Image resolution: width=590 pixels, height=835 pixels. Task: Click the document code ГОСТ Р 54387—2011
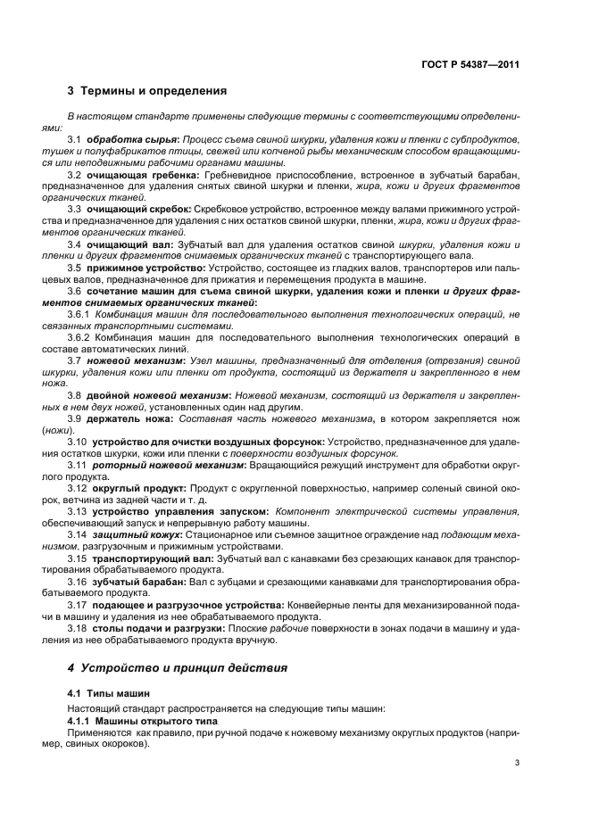point(473,64)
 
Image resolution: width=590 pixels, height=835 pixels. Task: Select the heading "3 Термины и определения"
point(146,91)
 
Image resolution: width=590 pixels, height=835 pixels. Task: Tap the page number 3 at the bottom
point(517,763)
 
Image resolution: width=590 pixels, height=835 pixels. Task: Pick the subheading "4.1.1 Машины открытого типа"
point(142,718)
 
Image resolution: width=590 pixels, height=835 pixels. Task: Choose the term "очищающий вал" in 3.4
point(126,244)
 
